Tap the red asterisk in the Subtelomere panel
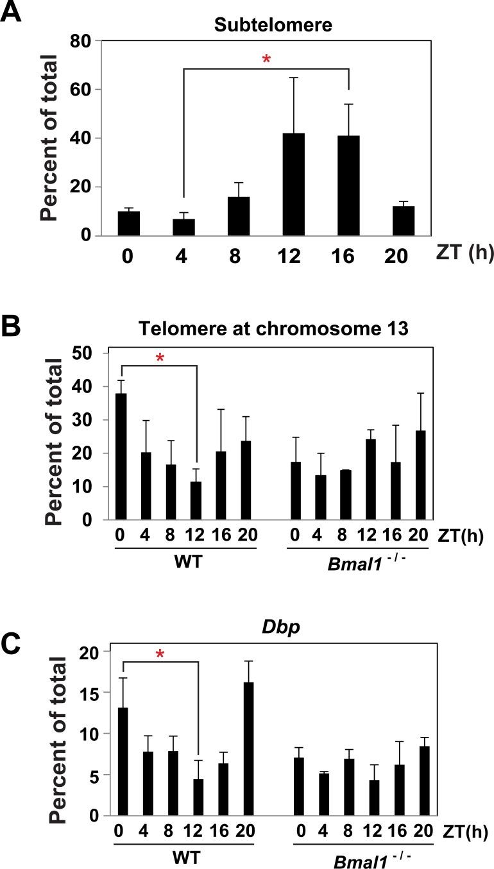click(x=266, y=60)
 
